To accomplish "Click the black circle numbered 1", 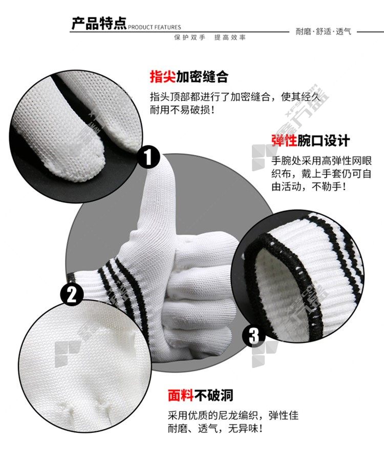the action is [148, 156].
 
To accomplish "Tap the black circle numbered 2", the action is [72, 294].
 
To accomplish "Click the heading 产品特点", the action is [99, 24].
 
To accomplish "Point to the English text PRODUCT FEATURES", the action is [155, 28].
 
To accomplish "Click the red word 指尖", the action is [163, 77].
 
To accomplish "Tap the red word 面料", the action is [181, 395].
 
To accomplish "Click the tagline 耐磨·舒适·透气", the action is [324, 31].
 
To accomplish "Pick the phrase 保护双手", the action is [189, 37].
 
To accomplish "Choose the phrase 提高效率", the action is [230, 37].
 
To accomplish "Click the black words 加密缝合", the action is [202, 77].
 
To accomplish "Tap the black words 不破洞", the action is [214, 395].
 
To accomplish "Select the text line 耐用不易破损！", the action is [182, 110].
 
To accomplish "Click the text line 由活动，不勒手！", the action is [309, 187].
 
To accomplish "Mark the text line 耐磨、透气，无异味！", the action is [215, 428].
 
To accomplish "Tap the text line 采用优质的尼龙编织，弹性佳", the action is [233, 415].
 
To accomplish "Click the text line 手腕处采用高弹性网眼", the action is [322, 160].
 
